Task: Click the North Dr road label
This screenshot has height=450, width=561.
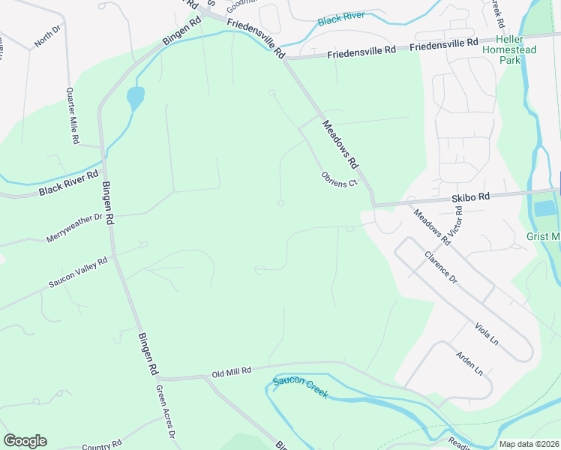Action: [46, 35]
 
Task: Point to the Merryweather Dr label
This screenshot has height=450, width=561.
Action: [73, 228]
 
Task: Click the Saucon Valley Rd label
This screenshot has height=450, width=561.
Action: [79, 272]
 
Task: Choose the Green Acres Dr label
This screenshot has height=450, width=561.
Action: [165, 412]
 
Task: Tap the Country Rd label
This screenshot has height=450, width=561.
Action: [102, 445]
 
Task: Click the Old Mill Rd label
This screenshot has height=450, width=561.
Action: [230, 371]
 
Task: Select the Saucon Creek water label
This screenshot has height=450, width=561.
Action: [300, 387]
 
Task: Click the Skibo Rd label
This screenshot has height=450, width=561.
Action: [470, 196]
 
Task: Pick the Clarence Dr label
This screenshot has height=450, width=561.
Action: [440, 266]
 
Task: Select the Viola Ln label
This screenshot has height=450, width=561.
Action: [486, 334]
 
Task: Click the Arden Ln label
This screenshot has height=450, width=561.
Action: [469, 364]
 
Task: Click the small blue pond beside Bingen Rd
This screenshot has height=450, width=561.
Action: [135, 97]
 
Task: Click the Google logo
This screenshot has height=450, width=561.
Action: [25, 441]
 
